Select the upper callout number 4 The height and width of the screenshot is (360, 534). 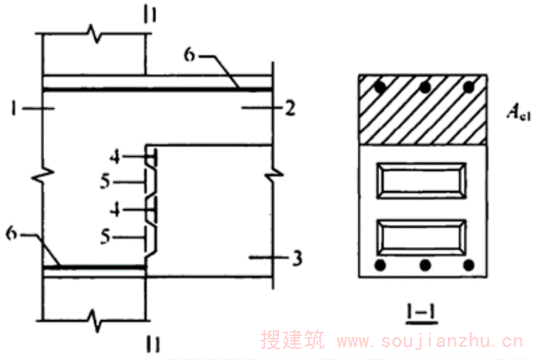115,157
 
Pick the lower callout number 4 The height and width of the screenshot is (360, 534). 115,208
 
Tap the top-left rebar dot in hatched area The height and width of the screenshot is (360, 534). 379,87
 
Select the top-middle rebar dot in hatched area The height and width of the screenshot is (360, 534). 425,87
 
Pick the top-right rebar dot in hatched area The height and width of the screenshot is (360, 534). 470,87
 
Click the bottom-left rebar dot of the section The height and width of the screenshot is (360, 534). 379,265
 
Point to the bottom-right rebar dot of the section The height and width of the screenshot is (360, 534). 470,265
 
